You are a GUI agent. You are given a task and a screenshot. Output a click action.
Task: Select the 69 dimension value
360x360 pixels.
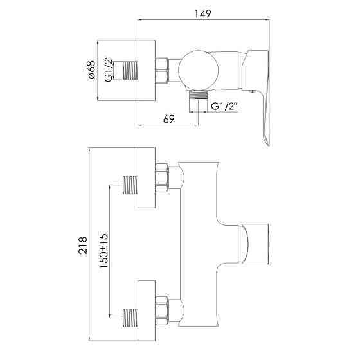point(168,119)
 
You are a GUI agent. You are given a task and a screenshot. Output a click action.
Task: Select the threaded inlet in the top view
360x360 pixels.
point(131,70)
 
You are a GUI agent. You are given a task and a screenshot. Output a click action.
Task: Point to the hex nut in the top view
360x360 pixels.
point(163,70)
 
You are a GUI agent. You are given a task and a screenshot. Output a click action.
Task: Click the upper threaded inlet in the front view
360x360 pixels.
point(131,186)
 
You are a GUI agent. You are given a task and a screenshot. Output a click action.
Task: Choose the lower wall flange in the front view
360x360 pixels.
point(147,312)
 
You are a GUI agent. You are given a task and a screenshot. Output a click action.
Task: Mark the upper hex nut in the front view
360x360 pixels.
point(163,177)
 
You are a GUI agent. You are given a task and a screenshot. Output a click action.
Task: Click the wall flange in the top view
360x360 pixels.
point(147,70)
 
